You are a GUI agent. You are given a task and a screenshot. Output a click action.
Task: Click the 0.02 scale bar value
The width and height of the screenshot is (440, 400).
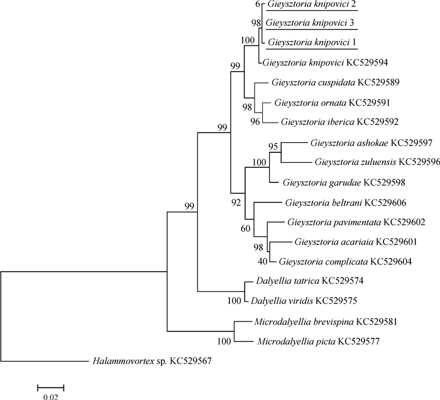point(50,396)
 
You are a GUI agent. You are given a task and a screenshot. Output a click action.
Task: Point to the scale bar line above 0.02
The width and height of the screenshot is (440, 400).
point(50,384)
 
